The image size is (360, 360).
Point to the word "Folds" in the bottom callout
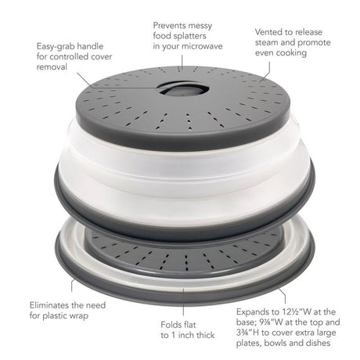[171, 325]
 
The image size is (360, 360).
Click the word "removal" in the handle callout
[52, 67]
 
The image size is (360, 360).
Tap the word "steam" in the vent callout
[266, 42]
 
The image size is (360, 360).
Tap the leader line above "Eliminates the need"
[71, 285]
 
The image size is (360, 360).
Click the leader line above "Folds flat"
[183, 302]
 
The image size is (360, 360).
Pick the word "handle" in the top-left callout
[90, 46]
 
